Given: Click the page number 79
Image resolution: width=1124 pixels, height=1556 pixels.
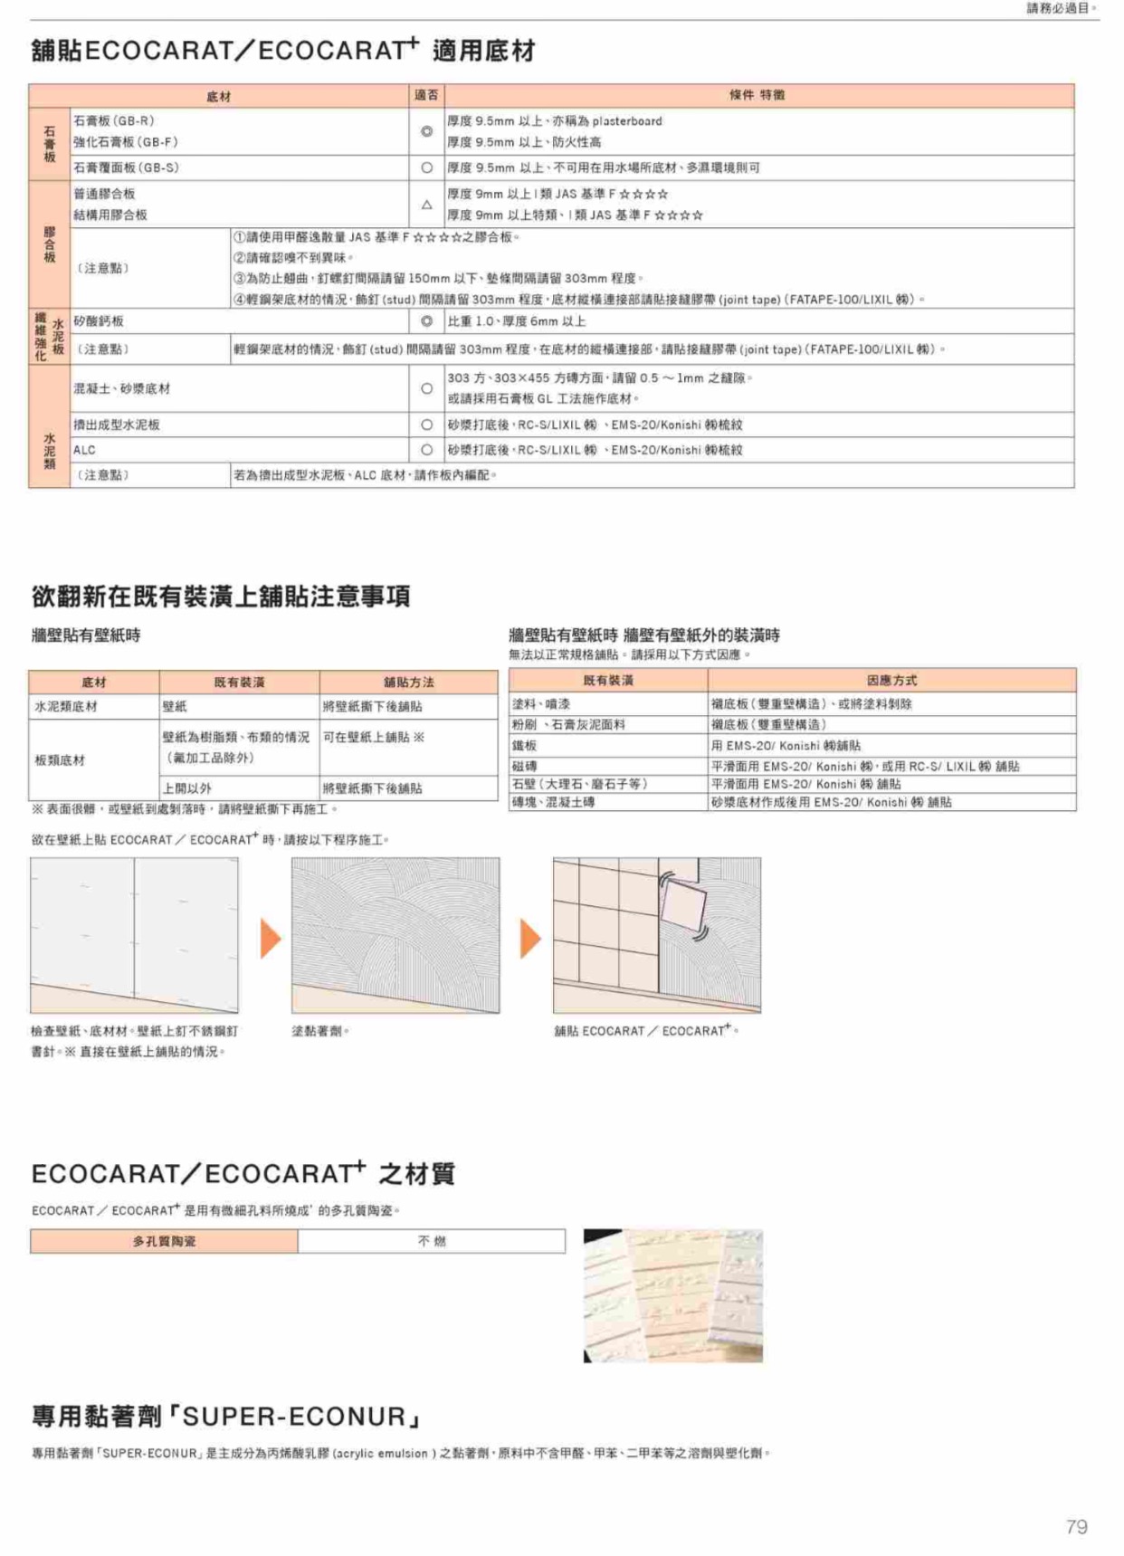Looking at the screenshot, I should coord(1076,1526).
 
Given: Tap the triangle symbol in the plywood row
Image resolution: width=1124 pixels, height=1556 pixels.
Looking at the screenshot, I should coord(426,205).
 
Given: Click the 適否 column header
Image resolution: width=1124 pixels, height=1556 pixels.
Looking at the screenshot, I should coord(426,95).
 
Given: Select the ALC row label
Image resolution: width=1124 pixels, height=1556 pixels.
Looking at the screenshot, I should coord(84,450).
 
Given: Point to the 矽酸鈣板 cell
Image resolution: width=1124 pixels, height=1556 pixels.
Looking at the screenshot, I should coord(99,321).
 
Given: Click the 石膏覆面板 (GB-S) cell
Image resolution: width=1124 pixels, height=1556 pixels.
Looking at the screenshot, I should coord(126,167).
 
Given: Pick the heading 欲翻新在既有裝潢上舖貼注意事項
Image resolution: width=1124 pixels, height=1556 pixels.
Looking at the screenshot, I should coord(221,596).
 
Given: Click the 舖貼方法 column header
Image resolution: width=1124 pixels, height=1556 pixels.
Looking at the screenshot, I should coord(408,682).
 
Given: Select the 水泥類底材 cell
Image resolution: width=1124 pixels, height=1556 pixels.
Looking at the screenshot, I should coord(66,706).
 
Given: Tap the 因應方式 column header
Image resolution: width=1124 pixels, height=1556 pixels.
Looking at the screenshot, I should coord(891,680).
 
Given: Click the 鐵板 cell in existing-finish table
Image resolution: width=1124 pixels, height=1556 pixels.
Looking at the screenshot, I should coord(524,745).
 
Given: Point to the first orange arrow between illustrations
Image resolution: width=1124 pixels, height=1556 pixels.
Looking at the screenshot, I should coord(271,938).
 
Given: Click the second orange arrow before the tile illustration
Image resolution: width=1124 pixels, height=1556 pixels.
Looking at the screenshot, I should coord(530,938).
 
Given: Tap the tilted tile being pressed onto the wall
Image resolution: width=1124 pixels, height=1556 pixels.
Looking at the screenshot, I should coord(684,902).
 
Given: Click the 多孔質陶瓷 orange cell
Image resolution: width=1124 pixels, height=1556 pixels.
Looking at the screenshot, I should coord(164,1241).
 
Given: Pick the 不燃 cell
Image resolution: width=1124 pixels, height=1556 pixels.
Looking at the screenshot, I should coord(432,1241).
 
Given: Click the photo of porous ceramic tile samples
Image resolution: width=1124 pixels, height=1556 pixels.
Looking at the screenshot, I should coord(672,1295).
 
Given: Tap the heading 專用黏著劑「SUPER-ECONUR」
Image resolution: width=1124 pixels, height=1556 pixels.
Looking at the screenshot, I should coord(226,1416).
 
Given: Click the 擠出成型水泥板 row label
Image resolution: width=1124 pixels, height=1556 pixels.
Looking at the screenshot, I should coord(117,425).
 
